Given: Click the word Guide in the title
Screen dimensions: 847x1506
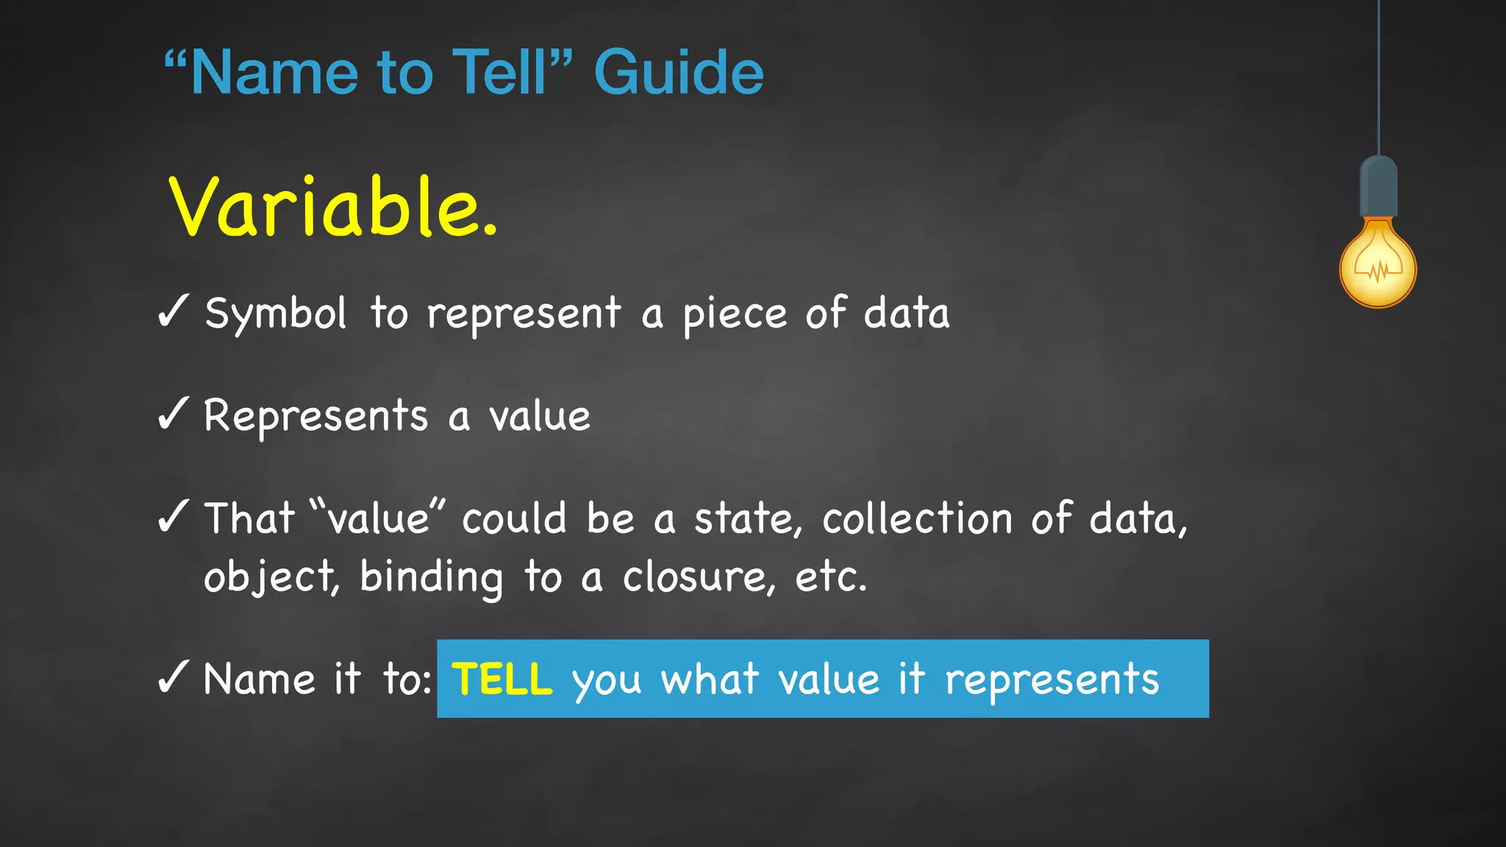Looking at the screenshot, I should point(678,73).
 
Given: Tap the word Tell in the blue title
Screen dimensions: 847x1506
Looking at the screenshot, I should point(500,73).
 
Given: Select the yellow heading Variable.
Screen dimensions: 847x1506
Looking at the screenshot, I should point(332,207).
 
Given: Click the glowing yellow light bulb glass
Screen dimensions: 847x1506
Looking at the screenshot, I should point(1377,265).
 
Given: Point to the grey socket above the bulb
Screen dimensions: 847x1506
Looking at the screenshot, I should point(1378,187).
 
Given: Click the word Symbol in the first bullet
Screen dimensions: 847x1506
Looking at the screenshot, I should point(275,314).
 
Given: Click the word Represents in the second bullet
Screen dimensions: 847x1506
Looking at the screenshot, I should point(315,417).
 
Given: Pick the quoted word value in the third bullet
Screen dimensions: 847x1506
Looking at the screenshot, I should point(378,518).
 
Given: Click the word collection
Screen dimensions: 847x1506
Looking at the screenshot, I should point(917,518).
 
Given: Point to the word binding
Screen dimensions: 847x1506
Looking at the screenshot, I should point(431,576).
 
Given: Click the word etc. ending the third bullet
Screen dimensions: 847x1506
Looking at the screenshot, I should point(831,576).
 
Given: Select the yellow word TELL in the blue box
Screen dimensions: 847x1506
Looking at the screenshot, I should point(502,679).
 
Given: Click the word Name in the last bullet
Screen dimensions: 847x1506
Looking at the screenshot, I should point(260,679).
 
